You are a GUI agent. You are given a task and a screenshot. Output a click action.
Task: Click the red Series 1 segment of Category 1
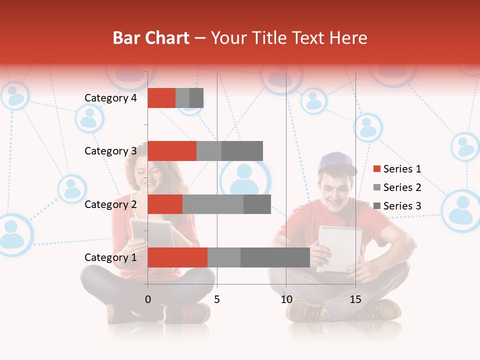[x=177, y=257]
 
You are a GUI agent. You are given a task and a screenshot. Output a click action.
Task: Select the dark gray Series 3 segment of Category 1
[x=275, y=257]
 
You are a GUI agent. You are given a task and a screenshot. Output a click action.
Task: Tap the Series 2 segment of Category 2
[x=213, y=204]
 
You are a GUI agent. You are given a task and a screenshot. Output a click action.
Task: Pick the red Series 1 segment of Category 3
[x=172, y=151]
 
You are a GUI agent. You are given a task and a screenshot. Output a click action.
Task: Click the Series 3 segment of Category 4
[x=196, y=97]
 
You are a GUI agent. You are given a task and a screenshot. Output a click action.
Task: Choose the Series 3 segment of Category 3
[x=242, y=151]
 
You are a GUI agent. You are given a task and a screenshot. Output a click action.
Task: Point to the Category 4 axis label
[x=110, y=98]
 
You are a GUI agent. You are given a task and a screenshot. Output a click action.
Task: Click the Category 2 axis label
[x=110, y=204]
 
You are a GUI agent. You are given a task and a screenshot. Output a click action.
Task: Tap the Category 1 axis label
[x=110, y=257]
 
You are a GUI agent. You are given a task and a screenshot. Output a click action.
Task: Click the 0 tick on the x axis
[x=148, y=299]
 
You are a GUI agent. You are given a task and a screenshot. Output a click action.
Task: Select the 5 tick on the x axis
[x=217, y=299]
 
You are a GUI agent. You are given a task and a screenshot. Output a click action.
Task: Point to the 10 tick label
[x=286, y=299]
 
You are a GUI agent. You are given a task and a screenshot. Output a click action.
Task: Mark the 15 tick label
[x=355, y=299]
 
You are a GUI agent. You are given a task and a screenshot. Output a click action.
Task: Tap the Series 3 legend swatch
[x=377, y=206]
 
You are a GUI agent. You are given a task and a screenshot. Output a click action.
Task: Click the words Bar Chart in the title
[x=151, y=38]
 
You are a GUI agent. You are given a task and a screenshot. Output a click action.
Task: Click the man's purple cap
[x=336, y=161]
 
